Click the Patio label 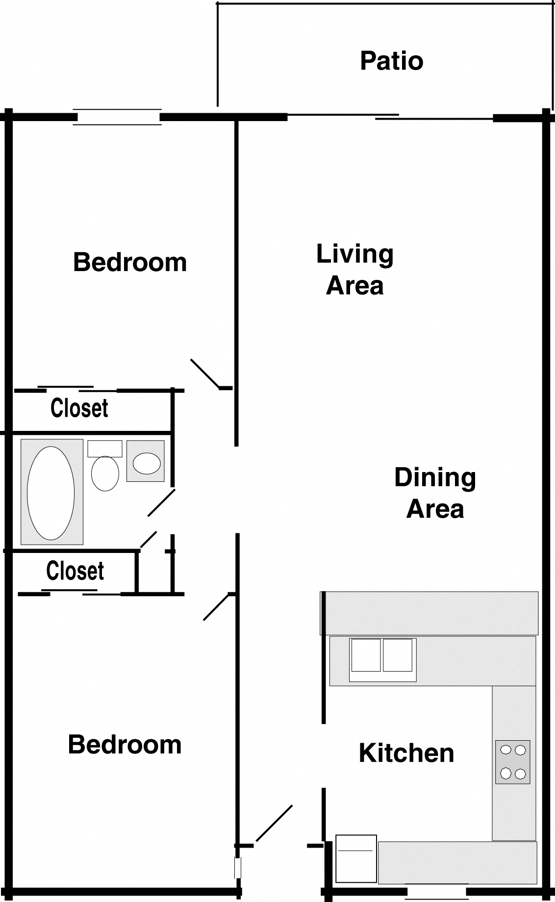[391, 61]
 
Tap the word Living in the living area [354, 254]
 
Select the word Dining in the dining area [435, 477]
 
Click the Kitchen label [406, 753]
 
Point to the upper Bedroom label [130, 262]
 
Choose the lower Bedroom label [125, 744]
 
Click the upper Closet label [79, 408]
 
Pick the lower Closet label [75, 571]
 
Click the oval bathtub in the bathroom [51, 492]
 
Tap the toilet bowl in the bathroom [105, 474]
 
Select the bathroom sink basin [147, 463]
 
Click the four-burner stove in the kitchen [513, 762]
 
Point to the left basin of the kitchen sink [366, 655]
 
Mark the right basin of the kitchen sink [397, 655]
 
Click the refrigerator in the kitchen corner [356, 858]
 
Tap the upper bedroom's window [118, 117]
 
